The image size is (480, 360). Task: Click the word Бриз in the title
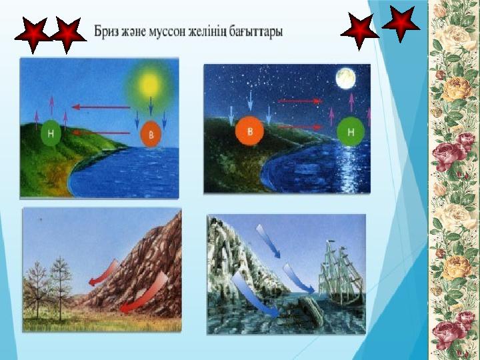(106, 32)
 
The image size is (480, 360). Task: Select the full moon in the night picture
(345, 79)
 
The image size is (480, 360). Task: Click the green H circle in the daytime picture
(51, 133)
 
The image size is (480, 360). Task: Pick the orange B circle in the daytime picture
(150, 134)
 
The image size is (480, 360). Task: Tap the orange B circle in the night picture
(249, 131)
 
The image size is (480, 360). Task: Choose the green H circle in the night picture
(351, 131)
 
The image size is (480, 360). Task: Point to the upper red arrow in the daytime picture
(101, 107)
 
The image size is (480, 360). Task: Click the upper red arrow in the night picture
(300, 101)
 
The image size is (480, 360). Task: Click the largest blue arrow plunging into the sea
(255, 295)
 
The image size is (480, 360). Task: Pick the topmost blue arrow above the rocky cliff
(268, 241)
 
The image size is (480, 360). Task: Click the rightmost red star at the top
(401, 24)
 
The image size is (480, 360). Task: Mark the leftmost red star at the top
(33, 35)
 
